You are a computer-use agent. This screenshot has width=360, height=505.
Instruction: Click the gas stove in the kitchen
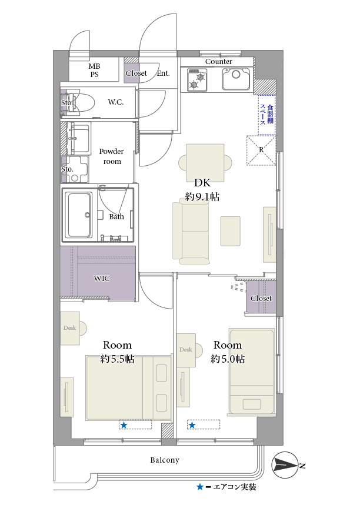click(x=196, y=79)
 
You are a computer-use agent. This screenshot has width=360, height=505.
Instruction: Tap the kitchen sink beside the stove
click(x=236, y=79)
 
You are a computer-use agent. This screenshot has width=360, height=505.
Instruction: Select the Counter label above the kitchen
click(x=218, y=62)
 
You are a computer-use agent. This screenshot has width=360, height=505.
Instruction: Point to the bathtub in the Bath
click(x=78, y=215)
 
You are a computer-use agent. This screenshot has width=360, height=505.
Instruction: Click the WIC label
click(x=102, y=278)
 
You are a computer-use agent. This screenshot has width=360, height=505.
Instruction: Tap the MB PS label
click(x=95, y=70)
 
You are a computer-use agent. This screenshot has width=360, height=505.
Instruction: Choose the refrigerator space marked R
click(x=261, y=150)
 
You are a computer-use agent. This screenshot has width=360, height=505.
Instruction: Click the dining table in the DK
click(x=205, y=163)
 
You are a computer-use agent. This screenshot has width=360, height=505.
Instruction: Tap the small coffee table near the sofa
click(x=231, y=231)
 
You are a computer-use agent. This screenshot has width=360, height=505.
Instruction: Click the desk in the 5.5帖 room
click(x=70, y=328)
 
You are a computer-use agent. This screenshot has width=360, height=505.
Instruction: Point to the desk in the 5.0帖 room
click(x=186, y=350)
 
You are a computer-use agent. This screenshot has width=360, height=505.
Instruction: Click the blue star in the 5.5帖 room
click(x=124, y=426)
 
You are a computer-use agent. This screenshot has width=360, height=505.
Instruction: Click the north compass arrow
click(x=285, y=466)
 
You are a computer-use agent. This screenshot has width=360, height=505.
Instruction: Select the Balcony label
click(x=165, y=460)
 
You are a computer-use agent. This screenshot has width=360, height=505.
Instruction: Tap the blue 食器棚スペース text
click(x=267, y=115)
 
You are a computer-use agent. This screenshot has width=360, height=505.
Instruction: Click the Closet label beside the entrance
click(x=136, y=73)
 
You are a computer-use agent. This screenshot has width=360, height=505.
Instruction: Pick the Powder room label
click(x=112, y=156)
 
